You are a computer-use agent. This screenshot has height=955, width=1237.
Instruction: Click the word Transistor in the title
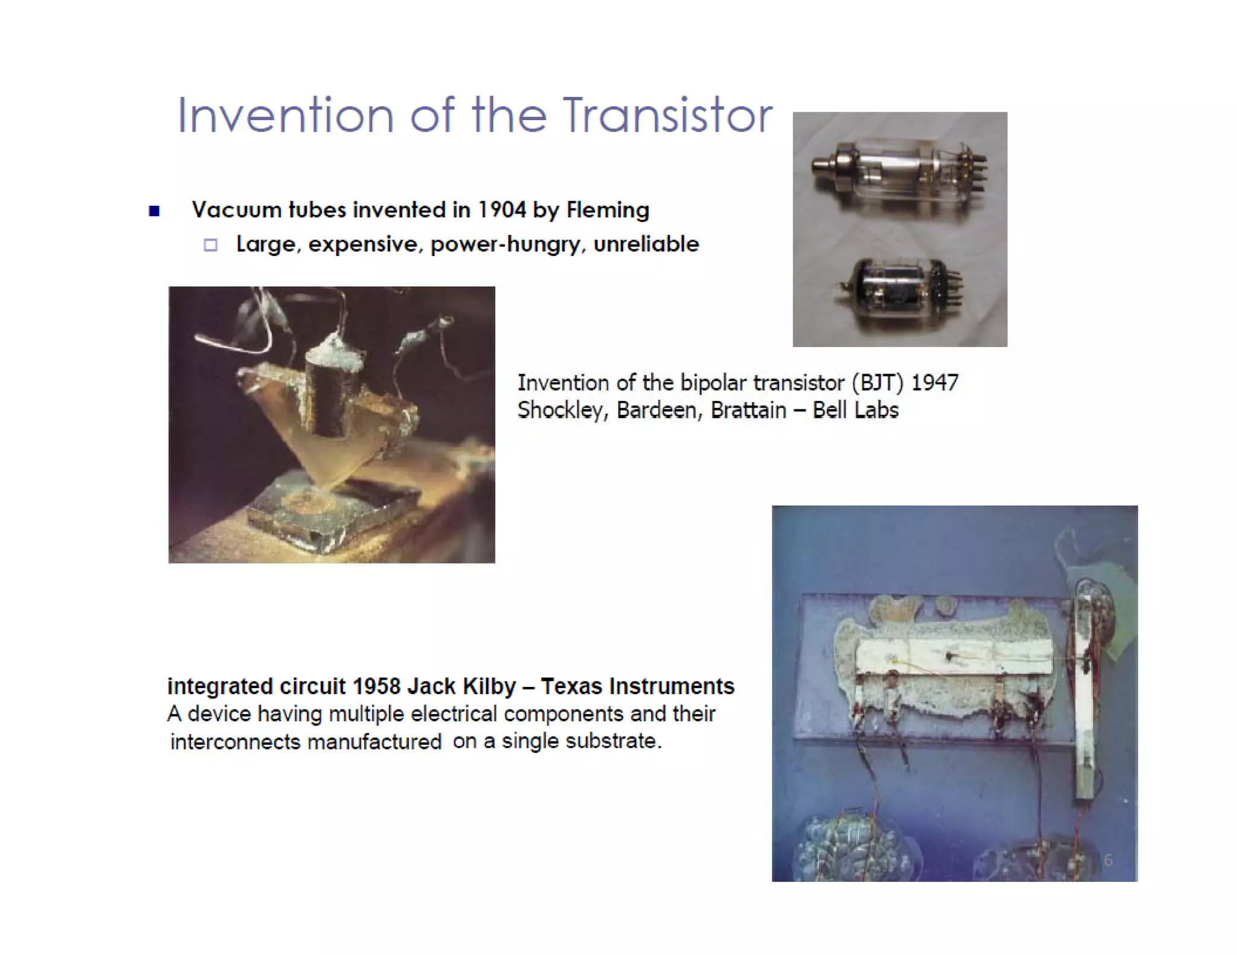[x=668, y=115]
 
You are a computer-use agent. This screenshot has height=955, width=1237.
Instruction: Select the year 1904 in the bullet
[x=501, y=210]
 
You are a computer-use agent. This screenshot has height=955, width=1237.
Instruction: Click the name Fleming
[x=607, y=210]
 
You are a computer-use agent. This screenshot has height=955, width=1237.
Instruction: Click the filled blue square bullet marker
[x=154, y=211]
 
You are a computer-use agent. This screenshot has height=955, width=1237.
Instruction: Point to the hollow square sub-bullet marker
[x=210, y=244]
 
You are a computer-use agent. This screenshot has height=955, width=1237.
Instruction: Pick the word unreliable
[x=646, y=244]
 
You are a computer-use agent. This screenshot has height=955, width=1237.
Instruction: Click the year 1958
[x=376, y=686]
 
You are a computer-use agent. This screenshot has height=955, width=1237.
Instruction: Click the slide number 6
[x=1108, y=860]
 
